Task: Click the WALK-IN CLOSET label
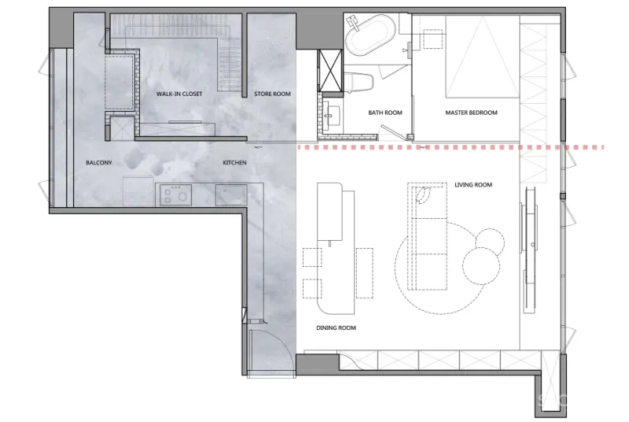pyautogui.click(x=179, y=94)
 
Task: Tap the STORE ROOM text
pyautogui.click(x=272, y=94)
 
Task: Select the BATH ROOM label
pyautogui.click(x=385, y=113)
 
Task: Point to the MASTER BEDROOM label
pyautogui.click(x=471, y=113)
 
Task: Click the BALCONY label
pyautogui.click(x=99, y=163)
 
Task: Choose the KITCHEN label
pyautogui.click(x=234, y=163)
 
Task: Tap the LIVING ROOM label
pyautogui.click(x=473, y=185)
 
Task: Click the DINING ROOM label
pyautogui.click(x=337, y=328)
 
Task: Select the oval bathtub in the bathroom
pyautogui.click(x=370, y=35)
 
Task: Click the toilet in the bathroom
pyautogui.click(x=359, y=82)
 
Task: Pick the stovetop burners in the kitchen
pyautogui.click(x=175, y=194)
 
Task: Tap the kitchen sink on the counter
pyautogui.click(x=230, y=194)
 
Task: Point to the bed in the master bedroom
pyautogui.click(x=483, y=56)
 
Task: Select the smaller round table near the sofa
pyautogui.click(x=489, y=242)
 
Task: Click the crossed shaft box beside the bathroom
pyautogui.click(x=330, y=71)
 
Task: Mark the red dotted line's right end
pyautogui.click(x=603, y=148)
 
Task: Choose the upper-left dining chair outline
pyautogui.click(x=312, y=257)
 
